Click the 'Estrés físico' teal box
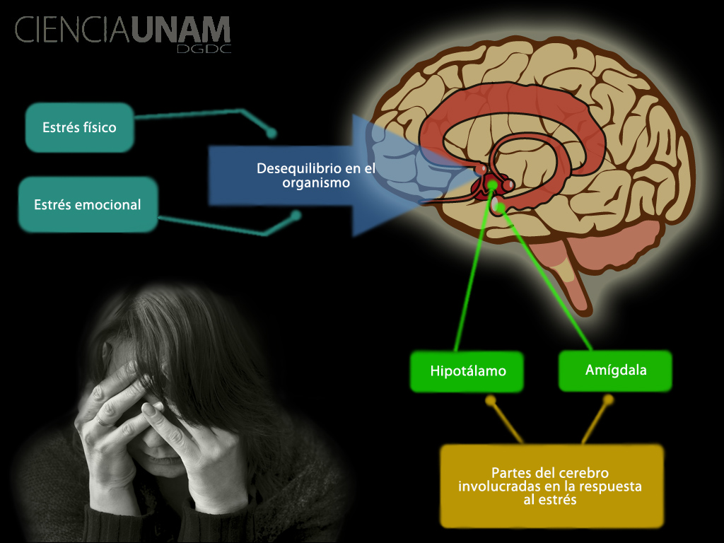click(79, 128)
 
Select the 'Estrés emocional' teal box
click(88, 205)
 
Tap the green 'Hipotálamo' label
click(467, 371)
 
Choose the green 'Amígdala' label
click(615, 370)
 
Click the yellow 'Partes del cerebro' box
click(551, 486)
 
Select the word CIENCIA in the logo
click(71, 30)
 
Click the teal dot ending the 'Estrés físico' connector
click(271, 132)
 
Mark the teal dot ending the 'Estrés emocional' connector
click(297, 214)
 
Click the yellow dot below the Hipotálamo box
click(490, 400)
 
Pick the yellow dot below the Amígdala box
click(608, 399)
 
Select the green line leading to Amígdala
click(544, 276)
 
